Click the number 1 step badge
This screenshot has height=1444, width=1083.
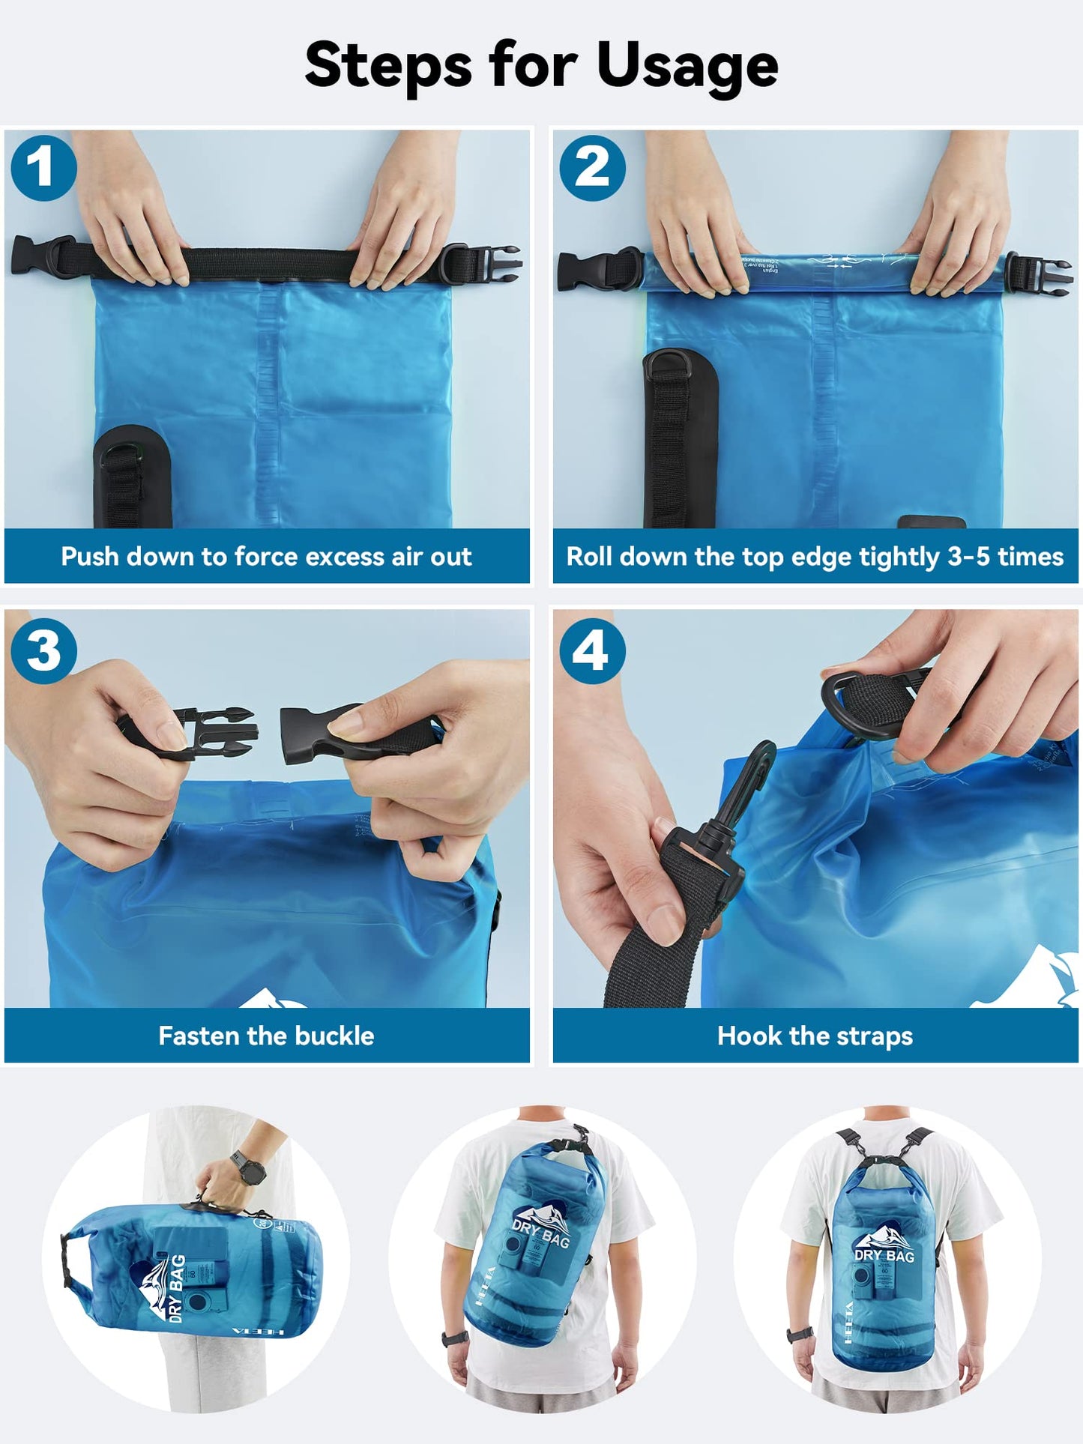tap(43, 168)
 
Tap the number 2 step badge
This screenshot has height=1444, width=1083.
tap(592, 168)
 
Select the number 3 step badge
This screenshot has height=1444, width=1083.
tap(43, 650)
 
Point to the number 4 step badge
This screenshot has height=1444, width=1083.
tap(592, 650)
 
